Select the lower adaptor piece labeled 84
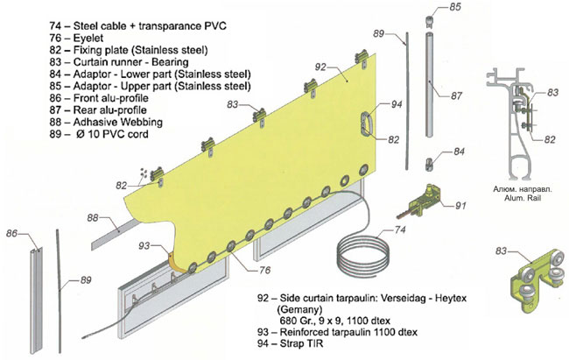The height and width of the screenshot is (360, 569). point(431,162)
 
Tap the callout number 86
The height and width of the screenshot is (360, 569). point(13,234)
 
